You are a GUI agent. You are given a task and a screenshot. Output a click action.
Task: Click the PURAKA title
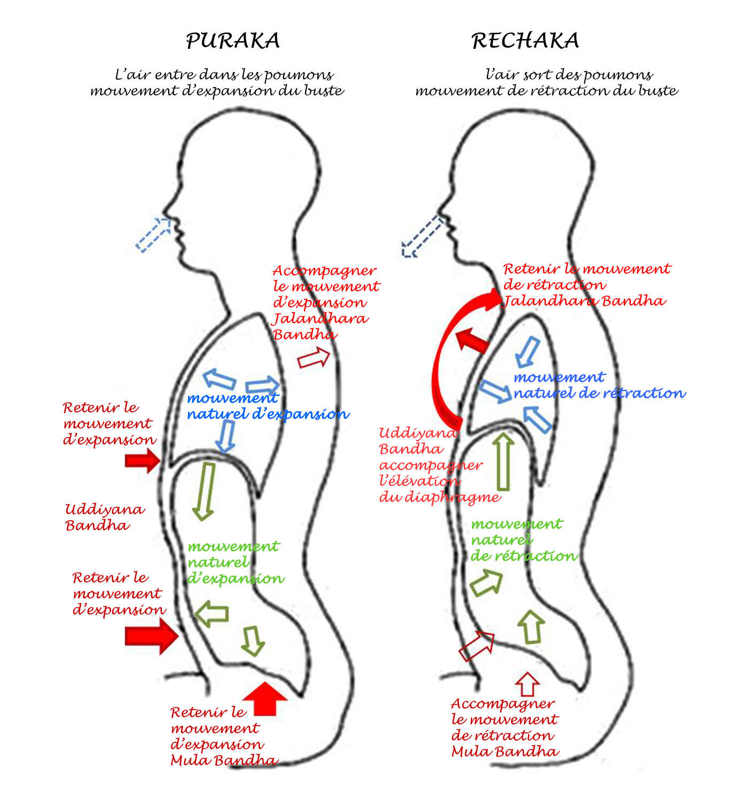[233, 41]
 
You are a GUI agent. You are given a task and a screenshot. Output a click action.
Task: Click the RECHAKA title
[525, 41]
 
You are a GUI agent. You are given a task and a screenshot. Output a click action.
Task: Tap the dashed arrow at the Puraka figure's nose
[154, 234]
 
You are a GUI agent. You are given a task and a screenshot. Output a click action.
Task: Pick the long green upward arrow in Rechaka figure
[503, 461]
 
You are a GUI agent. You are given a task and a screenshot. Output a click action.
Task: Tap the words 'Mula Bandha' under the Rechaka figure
[505, 752]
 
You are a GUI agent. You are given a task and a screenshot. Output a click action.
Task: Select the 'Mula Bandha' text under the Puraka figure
[224, 760]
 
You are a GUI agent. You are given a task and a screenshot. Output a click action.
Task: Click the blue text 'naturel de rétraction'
[599, 394]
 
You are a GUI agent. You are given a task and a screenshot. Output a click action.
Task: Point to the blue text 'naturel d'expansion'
[268, 414]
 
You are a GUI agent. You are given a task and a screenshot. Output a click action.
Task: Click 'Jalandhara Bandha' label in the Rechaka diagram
[585, 301]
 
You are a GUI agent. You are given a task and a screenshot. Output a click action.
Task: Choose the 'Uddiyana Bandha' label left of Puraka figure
[104, 517]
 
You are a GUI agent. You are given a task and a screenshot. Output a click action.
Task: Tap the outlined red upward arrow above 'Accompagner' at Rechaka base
[527, 684]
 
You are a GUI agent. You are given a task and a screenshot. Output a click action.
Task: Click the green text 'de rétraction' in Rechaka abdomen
[524, 556]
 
